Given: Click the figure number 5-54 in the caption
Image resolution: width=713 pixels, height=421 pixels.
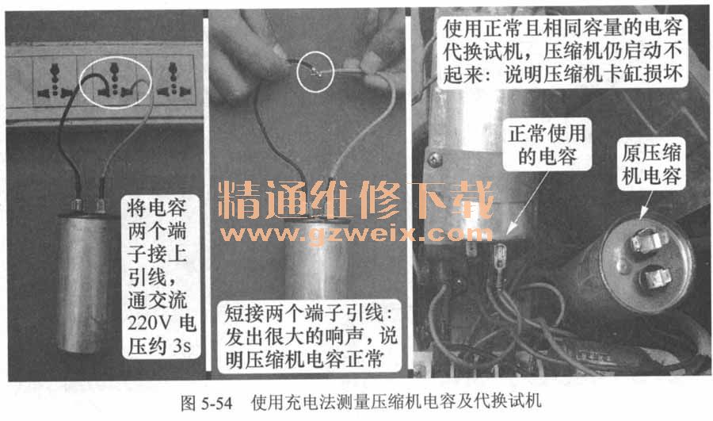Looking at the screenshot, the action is (x=216, y=403).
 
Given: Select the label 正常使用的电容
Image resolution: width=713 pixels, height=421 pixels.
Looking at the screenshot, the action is (x=547, y=145).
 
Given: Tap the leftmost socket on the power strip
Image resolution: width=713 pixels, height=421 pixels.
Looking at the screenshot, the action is (x=55, y=81).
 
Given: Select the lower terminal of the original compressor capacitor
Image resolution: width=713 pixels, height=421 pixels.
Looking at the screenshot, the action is (x=655, y=277).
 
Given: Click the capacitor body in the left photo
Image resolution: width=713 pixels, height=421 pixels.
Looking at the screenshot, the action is (x=82, y=283).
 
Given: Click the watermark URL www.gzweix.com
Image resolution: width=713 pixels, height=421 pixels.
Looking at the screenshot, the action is (x=356, y=234).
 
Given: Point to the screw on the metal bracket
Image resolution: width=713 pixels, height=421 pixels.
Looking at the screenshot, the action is (x=435, y=159).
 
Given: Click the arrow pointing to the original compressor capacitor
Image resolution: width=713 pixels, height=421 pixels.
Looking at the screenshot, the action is (x=646, y=205).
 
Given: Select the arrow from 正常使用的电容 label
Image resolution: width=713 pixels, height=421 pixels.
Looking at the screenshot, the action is (x=528, y=203).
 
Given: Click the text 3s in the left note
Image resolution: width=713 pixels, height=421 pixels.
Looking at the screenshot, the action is (x=182, y=346).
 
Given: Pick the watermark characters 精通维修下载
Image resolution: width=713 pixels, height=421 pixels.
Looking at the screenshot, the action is (x=356, y=201).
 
